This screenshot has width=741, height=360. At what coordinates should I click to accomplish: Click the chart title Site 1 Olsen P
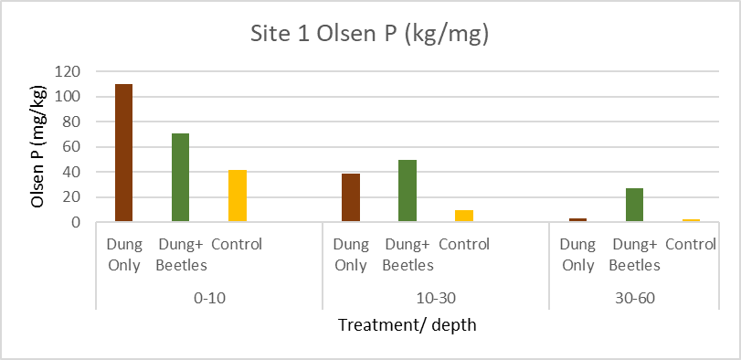click(370, 35)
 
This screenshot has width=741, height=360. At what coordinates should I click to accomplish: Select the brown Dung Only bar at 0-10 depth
click(123, 153)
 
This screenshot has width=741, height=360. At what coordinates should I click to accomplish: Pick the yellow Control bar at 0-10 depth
click(238, 196)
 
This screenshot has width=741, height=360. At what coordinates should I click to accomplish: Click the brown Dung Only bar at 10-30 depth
click(351, 197)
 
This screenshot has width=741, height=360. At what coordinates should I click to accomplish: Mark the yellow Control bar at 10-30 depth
click(464, 216)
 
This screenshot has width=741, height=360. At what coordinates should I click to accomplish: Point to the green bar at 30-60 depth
click(634, 205)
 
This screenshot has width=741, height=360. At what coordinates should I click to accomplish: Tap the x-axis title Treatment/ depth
click(407, 325)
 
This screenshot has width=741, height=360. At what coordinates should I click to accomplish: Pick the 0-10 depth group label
click(209, 298)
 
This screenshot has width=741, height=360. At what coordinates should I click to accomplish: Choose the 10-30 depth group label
click(436, 298)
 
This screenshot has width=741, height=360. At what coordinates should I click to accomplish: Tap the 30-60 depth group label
click(634, 298)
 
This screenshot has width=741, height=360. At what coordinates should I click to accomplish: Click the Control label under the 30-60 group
click(691, 245)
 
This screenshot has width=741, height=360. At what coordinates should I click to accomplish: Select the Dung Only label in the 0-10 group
click(123, 255)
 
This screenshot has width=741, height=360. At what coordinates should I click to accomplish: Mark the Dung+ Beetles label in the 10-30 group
click(408, 255)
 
